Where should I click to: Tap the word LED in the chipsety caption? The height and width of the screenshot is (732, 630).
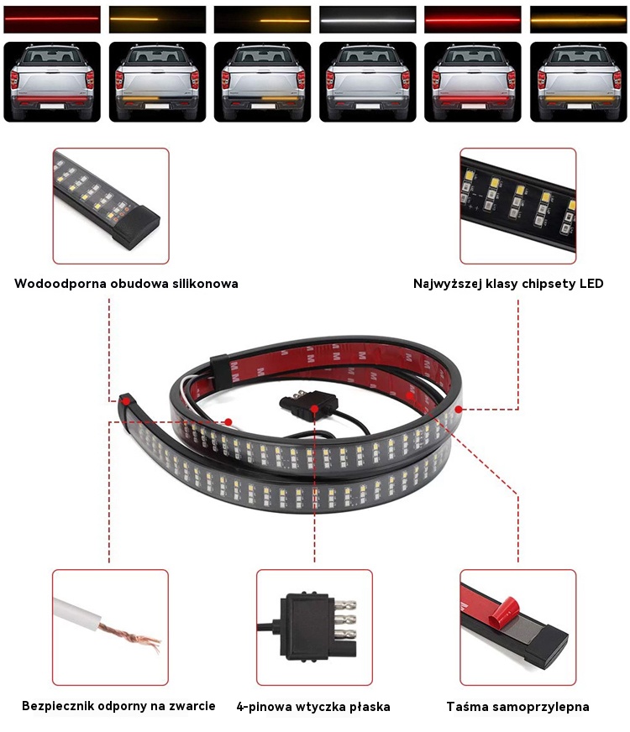click(x=591, y=284)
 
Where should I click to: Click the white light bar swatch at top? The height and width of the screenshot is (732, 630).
click(x=368, y=19)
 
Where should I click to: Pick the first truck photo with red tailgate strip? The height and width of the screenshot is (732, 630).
click(x=52, y=82)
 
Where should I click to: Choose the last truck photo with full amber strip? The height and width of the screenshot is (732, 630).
click(x=578, y=82)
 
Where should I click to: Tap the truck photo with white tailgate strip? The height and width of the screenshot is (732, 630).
click(x=368, y=82)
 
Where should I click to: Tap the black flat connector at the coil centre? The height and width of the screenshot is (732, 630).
click(x=308, y=403)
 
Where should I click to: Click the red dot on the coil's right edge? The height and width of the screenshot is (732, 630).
click(x=459, y=410)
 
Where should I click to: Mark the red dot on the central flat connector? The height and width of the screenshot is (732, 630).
click(x=314, y=409)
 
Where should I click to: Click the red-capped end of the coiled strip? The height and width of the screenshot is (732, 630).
click(x=124, y=400)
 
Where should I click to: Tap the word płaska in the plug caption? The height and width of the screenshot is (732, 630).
click(x=369, y=707)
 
